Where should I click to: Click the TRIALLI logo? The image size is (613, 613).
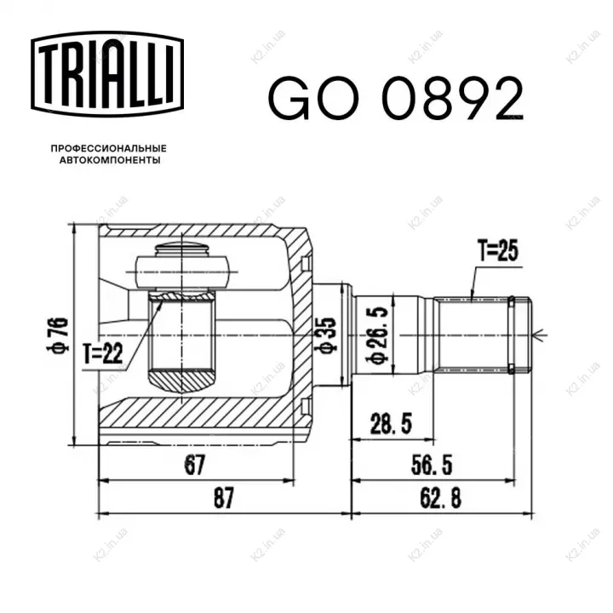(x=107, y=74)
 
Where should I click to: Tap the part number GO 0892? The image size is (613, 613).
(x=396, y=98)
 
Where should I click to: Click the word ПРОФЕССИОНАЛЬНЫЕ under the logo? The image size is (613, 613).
(x=109, y=148)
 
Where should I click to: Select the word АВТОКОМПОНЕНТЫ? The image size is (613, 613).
(x=110, y=160)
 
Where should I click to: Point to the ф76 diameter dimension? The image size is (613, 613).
(x=58, y=335)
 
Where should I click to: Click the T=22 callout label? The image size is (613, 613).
(x=103, y=354)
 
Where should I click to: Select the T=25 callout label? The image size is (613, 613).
(x=498, y=250)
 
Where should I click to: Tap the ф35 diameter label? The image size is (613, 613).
(x=328, y=335)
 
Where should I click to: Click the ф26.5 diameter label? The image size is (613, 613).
(x=376, y=335)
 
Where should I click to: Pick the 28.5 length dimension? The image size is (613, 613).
(x=391, y=423)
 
